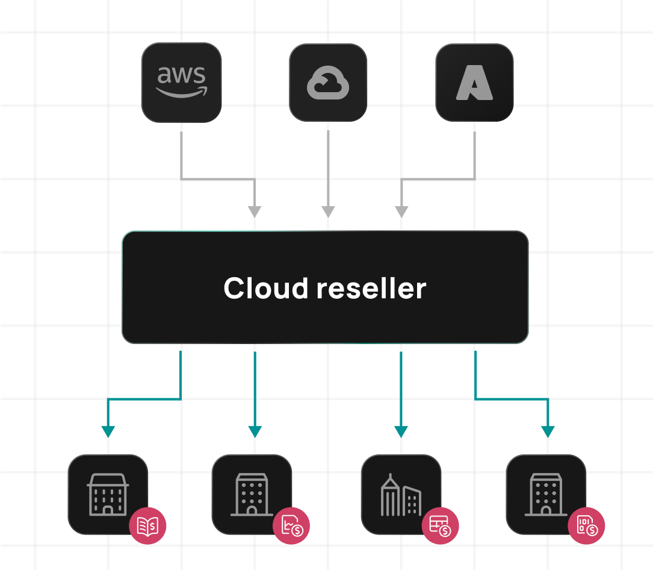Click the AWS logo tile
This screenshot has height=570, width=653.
tap(181, 82)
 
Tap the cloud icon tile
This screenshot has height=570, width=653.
tap(328, 82)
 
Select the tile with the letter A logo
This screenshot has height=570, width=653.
tap(474, 82)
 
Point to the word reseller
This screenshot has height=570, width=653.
tap(371, 288)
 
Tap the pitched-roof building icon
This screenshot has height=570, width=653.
tap(108, 494)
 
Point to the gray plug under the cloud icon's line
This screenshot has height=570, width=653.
tap(328, 218)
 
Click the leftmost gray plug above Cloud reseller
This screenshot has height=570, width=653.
tap(255, 218)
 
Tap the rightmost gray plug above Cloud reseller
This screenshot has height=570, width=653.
tap(401, 218)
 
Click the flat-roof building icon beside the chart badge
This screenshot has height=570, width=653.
tap(252, 495)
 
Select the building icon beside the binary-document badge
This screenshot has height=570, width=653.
tap(546, 495)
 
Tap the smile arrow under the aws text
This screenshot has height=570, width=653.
tap(181, 92)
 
